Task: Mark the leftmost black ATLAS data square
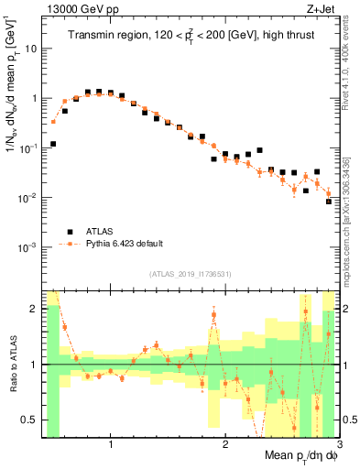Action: click(53, 144)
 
